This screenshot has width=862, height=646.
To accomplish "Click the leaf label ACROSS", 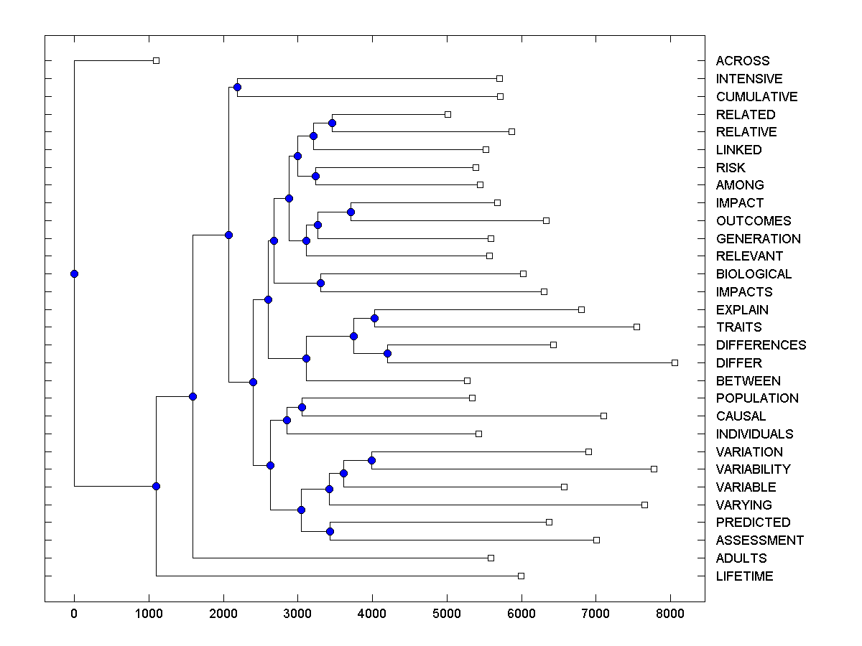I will (742, 61).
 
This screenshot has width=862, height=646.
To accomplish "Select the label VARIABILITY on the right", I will (753, 469).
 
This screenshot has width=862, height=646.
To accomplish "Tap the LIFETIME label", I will (744, 576).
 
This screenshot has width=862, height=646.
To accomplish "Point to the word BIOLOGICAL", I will (754, 274).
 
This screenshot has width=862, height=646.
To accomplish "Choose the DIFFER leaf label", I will (738, 363).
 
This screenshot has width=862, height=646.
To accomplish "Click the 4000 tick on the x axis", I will (372, 613).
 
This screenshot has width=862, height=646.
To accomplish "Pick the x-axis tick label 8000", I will (669, 613).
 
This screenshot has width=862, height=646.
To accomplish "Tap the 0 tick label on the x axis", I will (74, 613).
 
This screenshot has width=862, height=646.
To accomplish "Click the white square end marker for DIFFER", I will (675, 362).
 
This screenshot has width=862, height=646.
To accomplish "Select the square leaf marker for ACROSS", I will (156, 60).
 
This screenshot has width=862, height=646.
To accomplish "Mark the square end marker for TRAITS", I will (636, 327).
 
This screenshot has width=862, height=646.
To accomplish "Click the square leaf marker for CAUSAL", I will (603, 416).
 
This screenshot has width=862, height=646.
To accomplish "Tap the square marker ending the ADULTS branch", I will (491, 558).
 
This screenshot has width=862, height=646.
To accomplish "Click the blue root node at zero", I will (74, 273).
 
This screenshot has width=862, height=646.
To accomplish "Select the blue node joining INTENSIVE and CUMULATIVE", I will (237, 87).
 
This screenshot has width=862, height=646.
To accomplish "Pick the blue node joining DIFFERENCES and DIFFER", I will (387, 353).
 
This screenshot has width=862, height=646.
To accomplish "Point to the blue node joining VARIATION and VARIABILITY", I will (372, 460).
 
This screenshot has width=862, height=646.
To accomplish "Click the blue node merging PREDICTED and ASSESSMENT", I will (330, 531).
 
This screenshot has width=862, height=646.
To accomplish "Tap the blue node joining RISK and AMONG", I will (315, 176).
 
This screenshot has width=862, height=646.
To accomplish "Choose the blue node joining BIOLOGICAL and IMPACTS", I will (320, 283).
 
